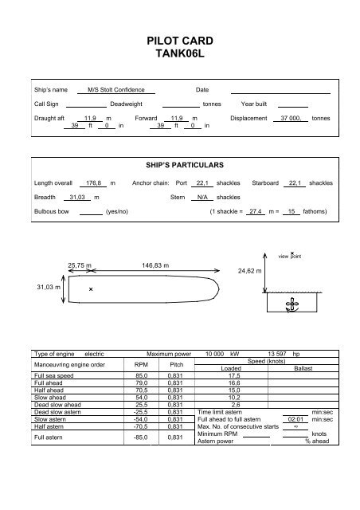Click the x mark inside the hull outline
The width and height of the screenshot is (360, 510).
[x=92, y=289]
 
